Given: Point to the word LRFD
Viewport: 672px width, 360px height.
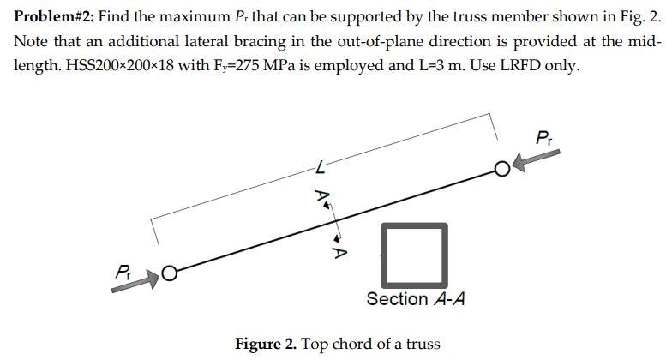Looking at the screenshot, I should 527,66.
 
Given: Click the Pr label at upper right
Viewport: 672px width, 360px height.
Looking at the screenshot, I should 543,137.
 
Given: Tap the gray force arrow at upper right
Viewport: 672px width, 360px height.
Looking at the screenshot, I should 541,159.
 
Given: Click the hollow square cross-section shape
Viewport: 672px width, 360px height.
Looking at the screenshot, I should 416,254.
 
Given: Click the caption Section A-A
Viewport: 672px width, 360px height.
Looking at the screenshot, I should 416,299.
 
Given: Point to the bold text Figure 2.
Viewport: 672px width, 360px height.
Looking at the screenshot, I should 265,345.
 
